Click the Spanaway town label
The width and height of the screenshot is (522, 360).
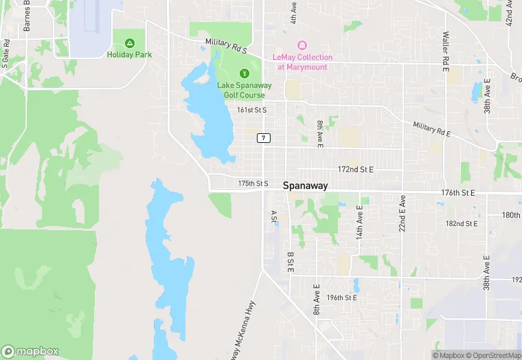coord(305,185)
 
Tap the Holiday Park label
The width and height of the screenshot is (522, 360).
coord(129,54)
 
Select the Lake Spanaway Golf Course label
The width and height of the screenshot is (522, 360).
coord(244,89)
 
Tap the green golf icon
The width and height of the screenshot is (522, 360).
coord(243,74)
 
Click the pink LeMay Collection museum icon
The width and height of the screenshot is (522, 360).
coord(302,45)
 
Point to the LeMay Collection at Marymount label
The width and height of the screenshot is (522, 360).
coord(302,62)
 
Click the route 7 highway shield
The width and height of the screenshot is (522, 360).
coord(264,138)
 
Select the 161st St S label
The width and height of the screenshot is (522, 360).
coord(251,110)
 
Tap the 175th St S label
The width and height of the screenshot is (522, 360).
coord(253,183)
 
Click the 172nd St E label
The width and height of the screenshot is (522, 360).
coord(355,169)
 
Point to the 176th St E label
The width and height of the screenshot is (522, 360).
coord(459,193)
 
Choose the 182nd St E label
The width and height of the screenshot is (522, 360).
coord(462,223)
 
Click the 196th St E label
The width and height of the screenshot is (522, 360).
coord(341,297)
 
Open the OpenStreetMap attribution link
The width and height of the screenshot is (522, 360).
coord(494,355)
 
